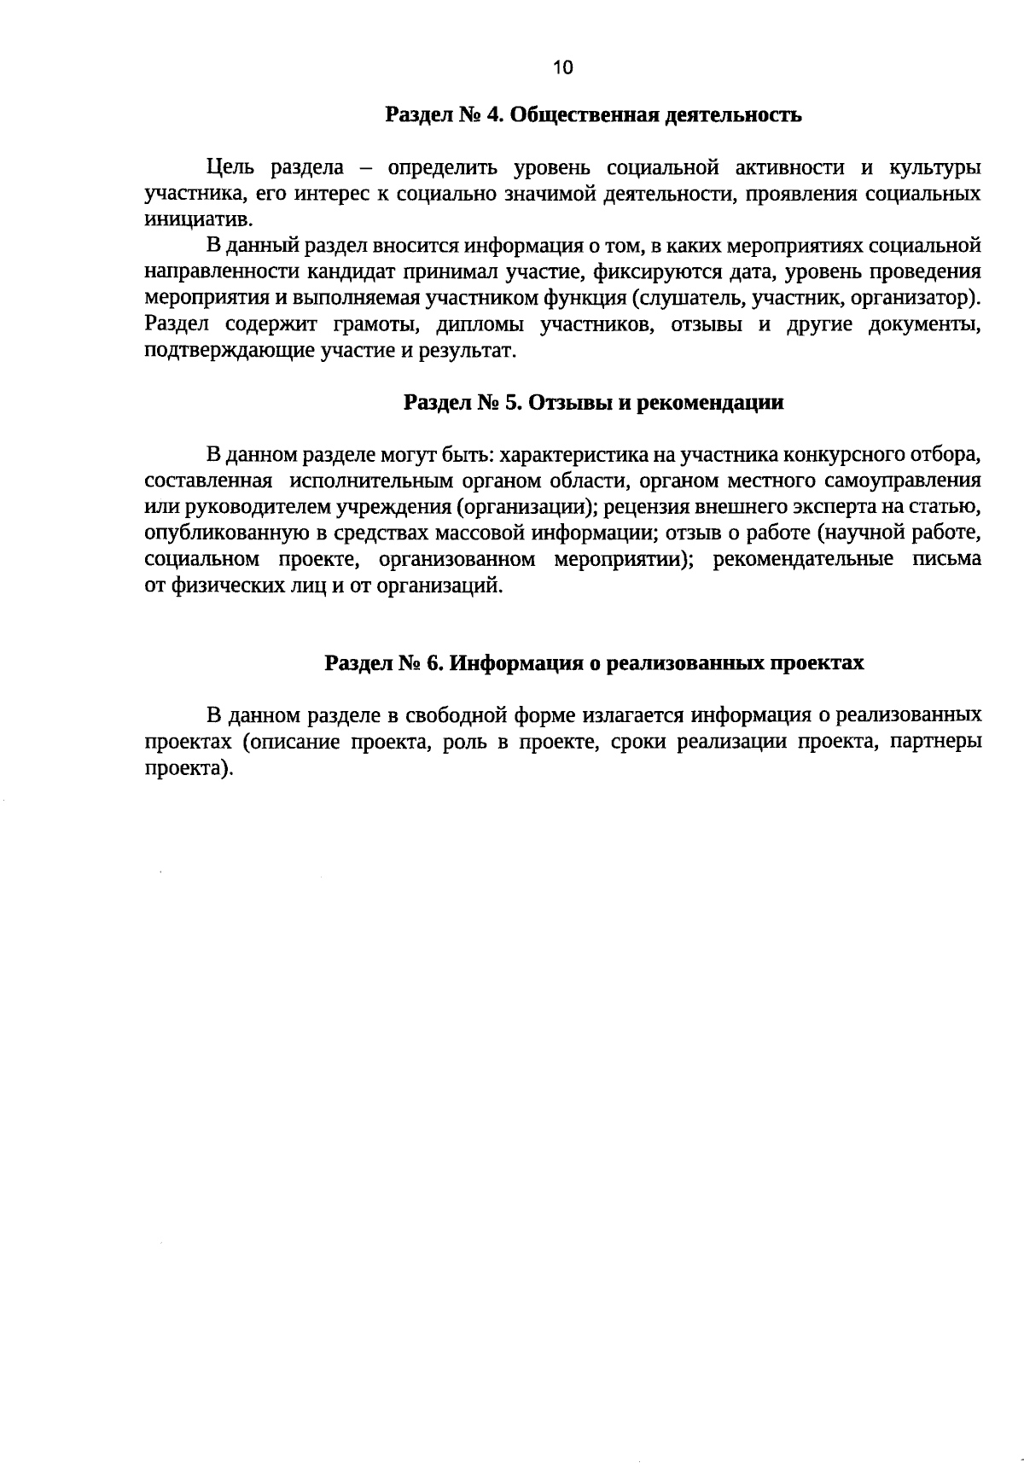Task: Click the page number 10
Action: coord(563,68)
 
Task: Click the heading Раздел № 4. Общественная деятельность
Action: coord(593,115)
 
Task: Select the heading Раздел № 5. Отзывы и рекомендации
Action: coord(593,403)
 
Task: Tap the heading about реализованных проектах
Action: coord(594,663)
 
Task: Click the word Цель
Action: coord(226,167)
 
